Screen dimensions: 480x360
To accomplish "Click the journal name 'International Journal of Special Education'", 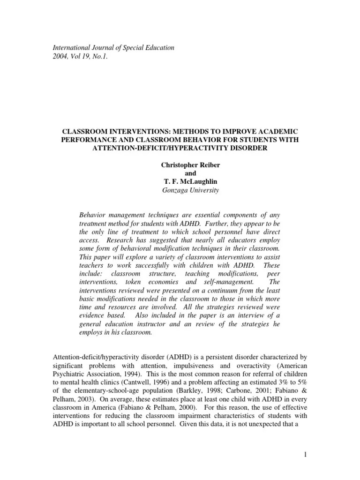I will click(x=114, y=47).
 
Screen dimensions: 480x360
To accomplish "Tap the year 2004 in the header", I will click(x=61, y=56).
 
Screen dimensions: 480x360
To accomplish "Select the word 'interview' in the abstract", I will click(x=245, y=316).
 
